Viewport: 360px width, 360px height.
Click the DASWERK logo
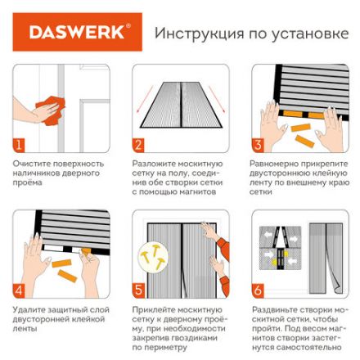pos(79,34)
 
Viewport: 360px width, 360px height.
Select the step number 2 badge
pos(139,145)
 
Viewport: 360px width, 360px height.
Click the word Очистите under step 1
pos(30,163)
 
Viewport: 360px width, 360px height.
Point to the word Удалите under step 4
pos(28,309)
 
